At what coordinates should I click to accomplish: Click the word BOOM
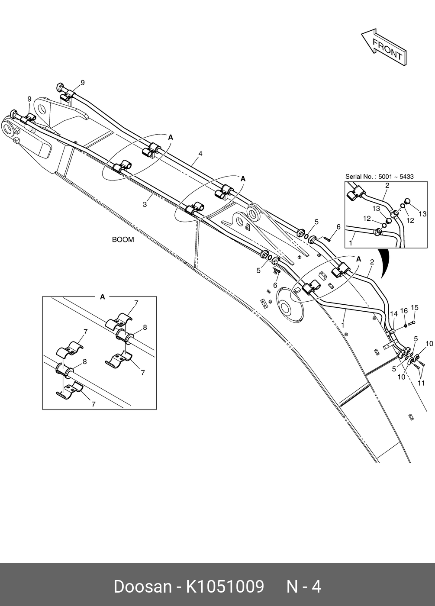click(x=123, y=239)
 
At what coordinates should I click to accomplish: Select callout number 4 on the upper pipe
click(x=200, y=154)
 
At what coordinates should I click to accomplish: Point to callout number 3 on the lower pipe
click(x=145, y=204)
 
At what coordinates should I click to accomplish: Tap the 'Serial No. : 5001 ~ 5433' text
click(x=379, y=177)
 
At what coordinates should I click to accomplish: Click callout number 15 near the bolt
click(x=414, y=308)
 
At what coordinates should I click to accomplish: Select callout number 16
click(x=403, y=311)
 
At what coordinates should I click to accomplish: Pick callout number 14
click(x=393, y=314)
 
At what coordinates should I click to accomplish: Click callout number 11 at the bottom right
click(x=422, y=383)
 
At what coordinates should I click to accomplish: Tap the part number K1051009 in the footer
click(x=225, y=587)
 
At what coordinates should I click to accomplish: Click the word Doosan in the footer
click(x=142, y=587)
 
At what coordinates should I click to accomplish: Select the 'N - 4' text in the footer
click(x=304, y=587)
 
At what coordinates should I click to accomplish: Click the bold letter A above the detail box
click(x=103, y=297)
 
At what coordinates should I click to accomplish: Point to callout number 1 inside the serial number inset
click(x=351, y=243)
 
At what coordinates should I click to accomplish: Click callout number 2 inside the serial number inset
click(x=387, y=186)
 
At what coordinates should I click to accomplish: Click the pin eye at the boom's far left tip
click(x=7, y=128)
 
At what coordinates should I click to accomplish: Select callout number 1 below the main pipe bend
click(x=343, y=324)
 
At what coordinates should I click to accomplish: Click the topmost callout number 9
click(x=82, y=83)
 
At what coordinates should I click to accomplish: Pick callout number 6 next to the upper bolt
click(x=338, y=227)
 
